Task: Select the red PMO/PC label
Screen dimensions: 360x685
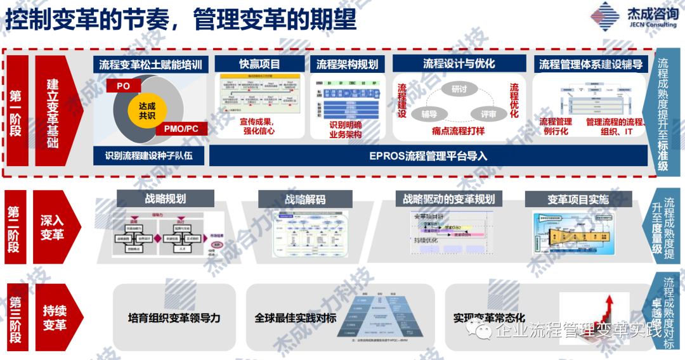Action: click(x=181, y=129)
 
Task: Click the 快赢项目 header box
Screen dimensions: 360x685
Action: click(x=259, y=64)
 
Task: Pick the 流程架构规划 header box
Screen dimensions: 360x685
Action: click(x=347, y=64)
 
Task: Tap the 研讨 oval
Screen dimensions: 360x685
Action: click(x=459, y=89)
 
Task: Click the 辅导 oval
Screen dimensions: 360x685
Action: click(x=429, y=114)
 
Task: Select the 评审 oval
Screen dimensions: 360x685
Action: click(x=488, y=114)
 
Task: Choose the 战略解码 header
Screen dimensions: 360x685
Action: click(x=305, y=199)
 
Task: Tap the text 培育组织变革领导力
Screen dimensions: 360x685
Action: click(x=174, y=318)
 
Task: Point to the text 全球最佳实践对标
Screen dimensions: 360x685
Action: click(x=295, y=318)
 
